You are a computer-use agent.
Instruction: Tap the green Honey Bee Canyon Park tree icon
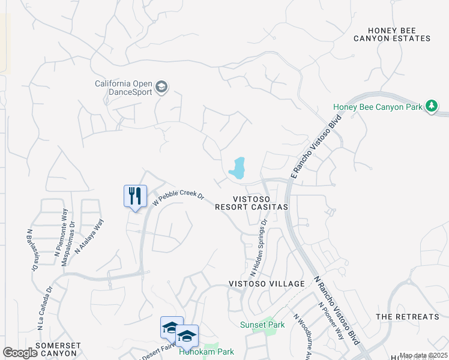click(x=431, y=106)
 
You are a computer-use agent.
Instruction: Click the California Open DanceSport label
click(x=124, y=88)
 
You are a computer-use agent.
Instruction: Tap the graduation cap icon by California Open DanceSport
click(x=161, y=88)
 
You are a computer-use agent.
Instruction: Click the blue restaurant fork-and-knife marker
click(x=135, y=196)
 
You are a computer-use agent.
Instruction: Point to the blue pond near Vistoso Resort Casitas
click(x=238, y=168)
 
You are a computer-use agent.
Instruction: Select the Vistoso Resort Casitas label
click(x=252, y=202)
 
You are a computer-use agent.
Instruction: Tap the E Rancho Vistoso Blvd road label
click(x=316, y=146)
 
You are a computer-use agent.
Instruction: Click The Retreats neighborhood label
click(x=407, y=316)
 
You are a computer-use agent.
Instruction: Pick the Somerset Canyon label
click(x=56, y=349)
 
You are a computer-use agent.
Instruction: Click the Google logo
click(x=20, y=353)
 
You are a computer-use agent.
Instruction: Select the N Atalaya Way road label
click(x=89, y=235)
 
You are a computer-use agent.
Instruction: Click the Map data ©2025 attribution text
click(x=423, y=356)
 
